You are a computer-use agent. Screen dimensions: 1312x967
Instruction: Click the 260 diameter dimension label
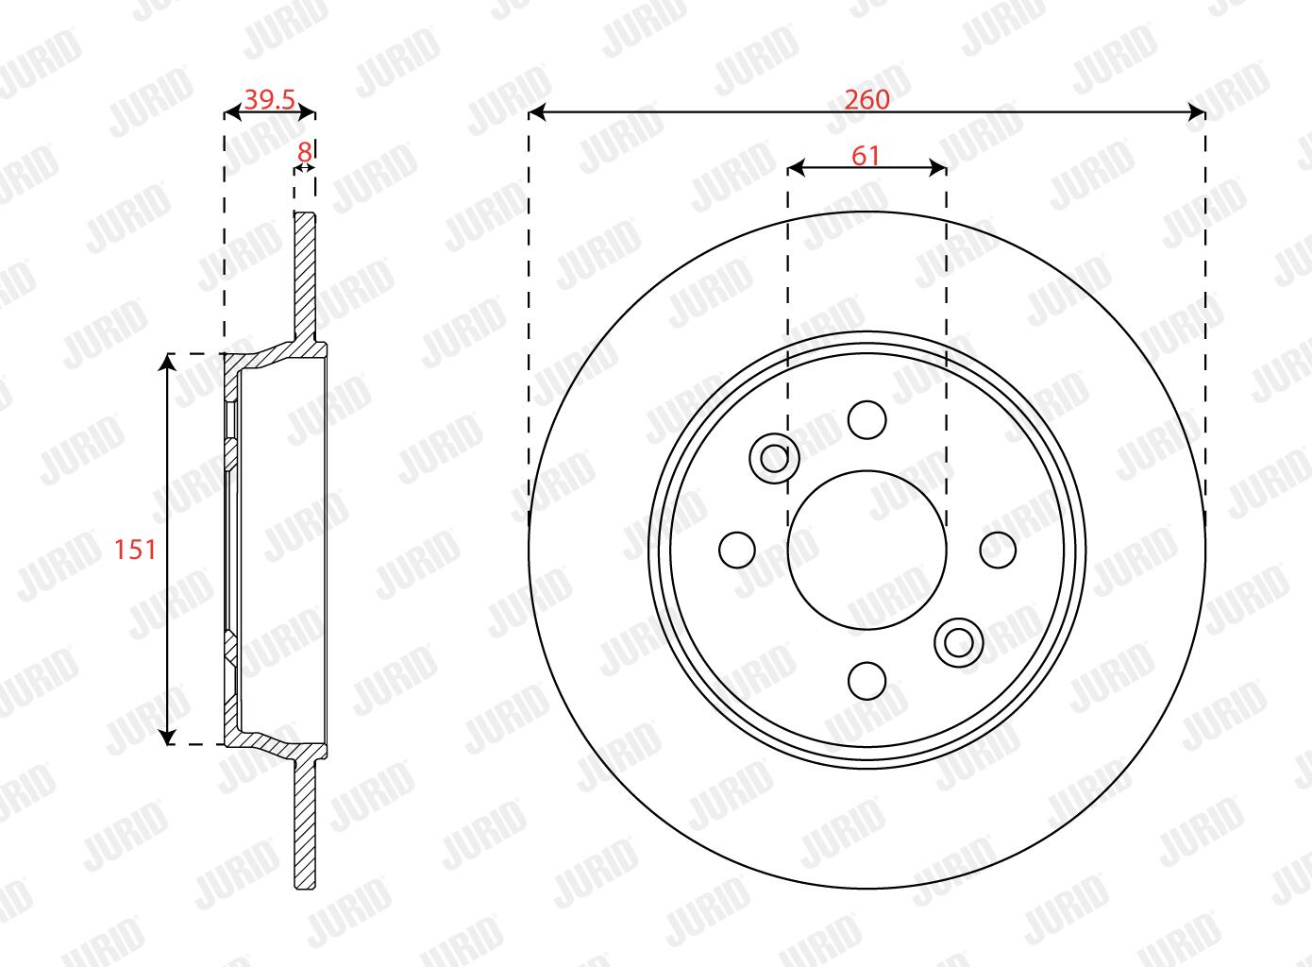pyautogui.click(x=866, y=100)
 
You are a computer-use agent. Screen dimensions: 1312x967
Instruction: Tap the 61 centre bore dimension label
pyautogui.click(x=866, y=156)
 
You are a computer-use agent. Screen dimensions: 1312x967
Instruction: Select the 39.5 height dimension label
pyautogui.click(x=270, y=100)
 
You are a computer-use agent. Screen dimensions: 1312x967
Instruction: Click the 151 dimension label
pyautogui.click(x=135, y=550)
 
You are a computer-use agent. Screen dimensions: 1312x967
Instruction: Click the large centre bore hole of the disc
pyautogui.click(x=867, y=550)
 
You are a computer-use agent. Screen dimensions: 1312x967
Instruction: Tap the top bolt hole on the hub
pyautogui.click(x=867, y=420)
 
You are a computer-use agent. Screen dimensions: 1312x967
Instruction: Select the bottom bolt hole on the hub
pyautogui.click(x=867, y=681)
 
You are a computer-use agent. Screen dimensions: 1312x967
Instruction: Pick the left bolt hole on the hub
pyautogui.click(x=737, y=551)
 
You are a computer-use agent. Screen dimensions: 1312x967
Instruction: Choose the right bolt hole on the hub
pyautogui.click(x=998, y=551)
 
